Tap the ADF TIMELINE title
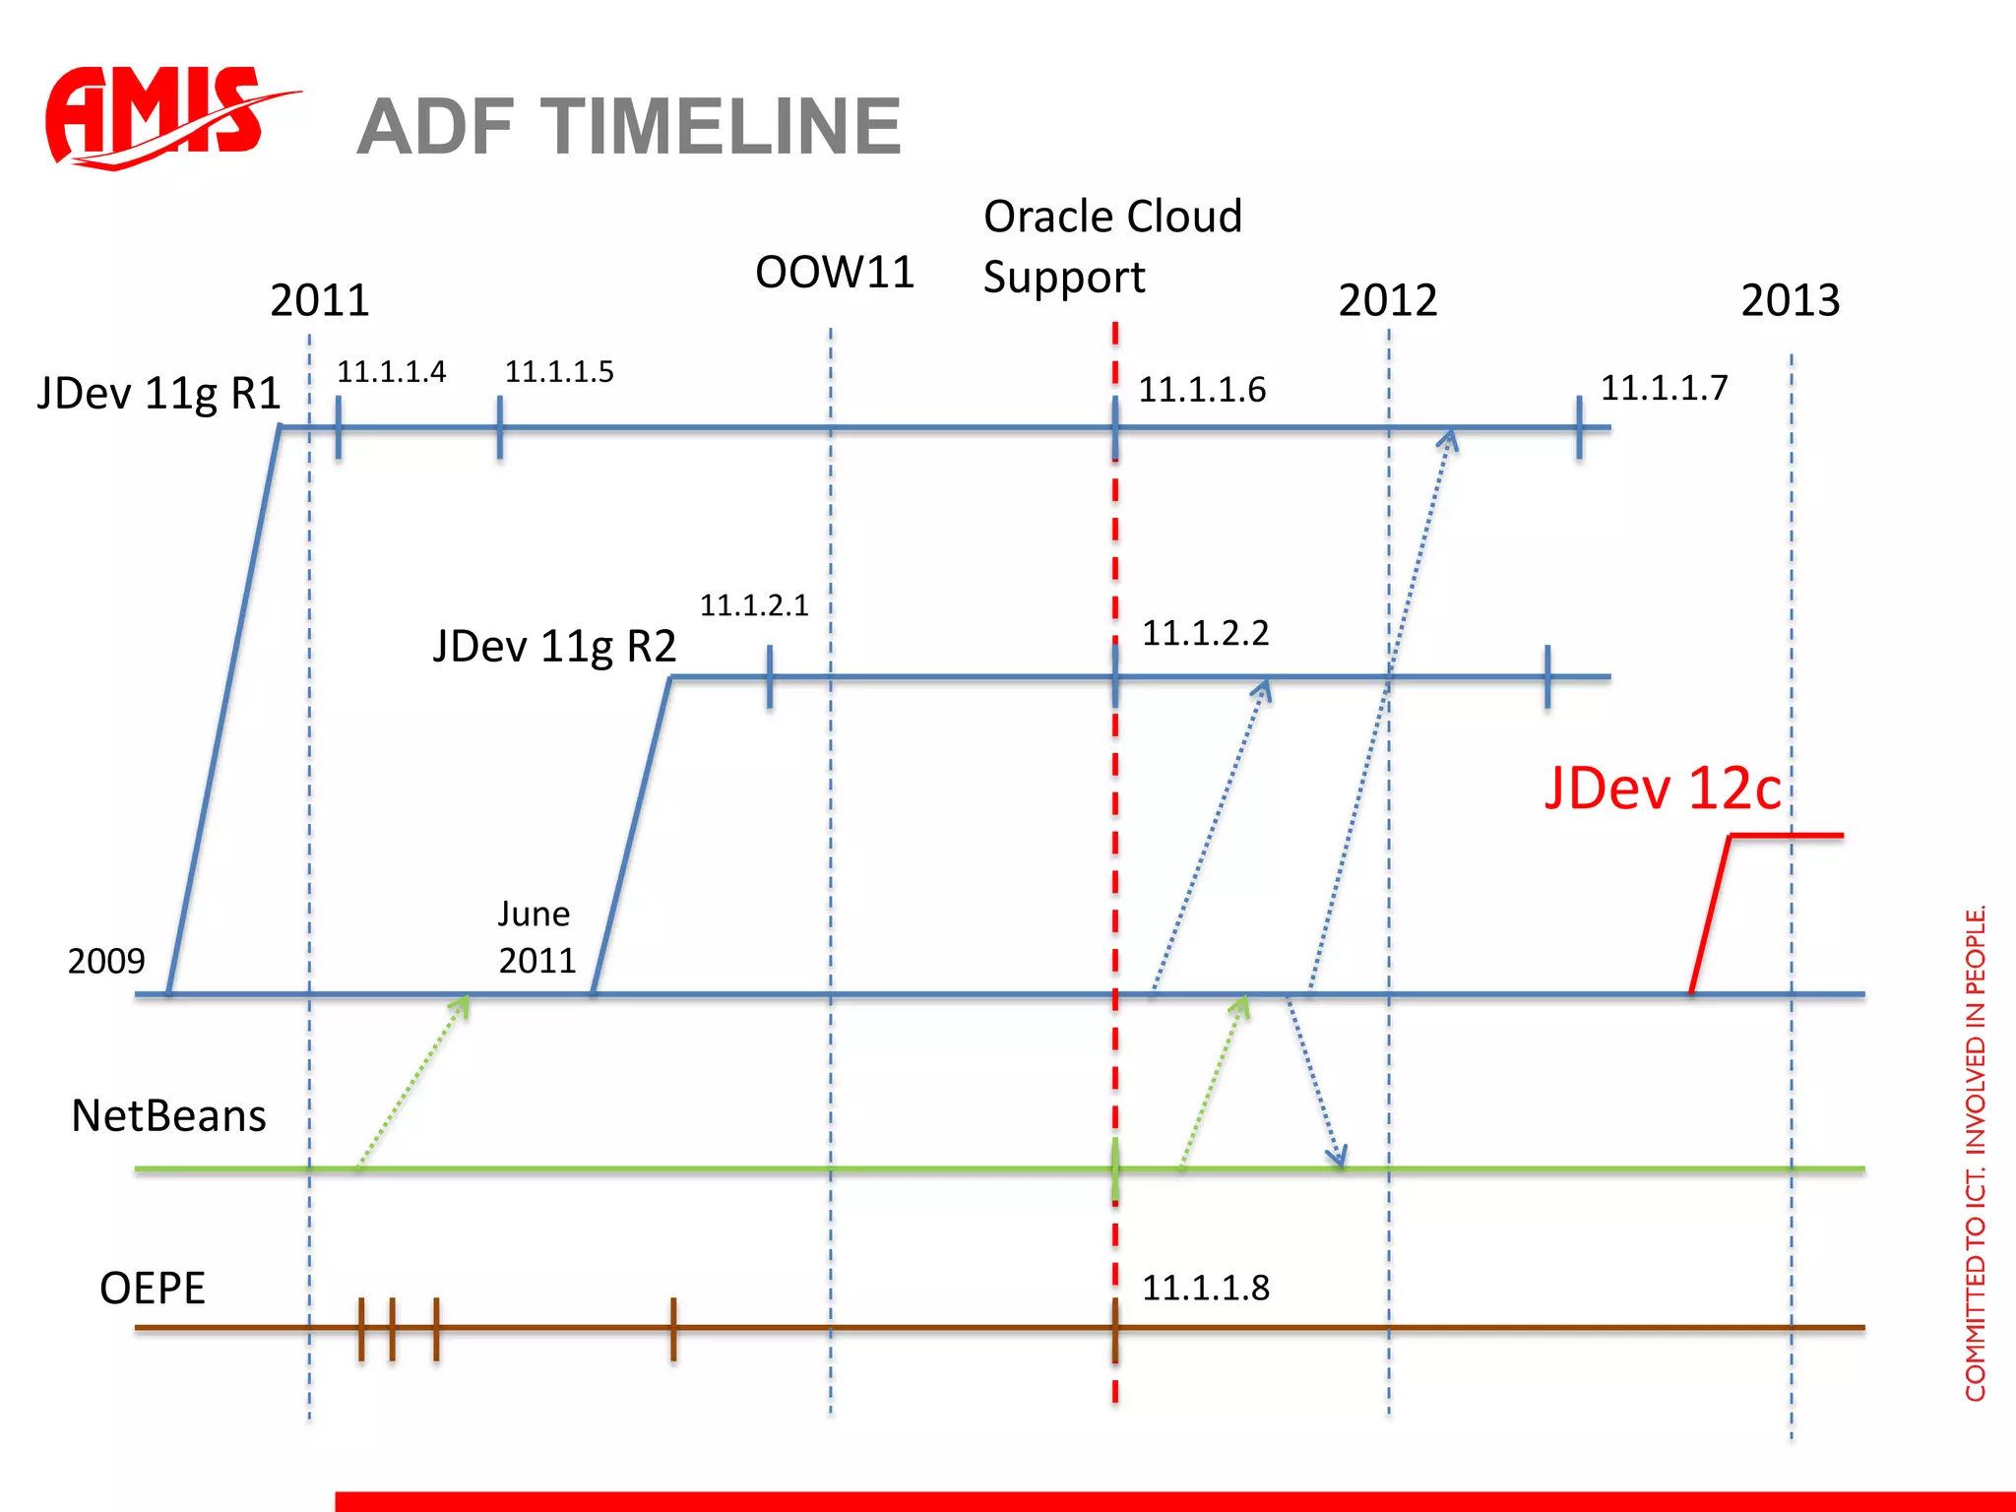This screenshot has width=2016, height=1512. point(629,127)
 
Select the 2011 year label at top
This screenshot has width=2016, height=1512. point(320,300)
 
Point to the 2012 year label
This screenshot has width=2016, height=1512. point(1388,300)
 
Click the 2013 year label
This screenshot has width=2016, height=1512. point(1791,300)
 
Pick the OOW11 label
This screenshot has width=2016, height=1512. point(835,273)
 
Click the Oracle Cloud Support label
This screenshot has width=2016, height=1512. point(1112,246)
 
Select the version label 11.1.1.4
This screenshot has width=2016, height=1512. point(392,372)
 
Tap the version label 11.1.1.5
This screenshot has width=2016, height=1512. point(559,372)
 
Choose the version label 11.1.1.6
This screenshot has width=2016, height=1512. point(1202,390)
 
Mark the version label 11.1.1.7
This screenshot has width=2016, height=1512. point(1664,388)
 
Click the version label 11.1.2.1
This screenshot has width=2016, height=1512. point(754,605)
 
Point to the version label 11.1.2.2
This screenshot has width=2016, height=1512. point(1205,633)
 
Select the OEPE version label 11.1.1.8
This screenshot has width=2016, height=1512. point(1206,1288)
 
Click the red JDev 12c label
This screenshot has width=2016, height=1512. point(1663,788)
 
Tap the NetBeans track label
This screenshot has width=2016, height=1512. point(169,1116)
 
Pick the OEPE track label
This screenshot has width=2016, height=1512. point(153,1289)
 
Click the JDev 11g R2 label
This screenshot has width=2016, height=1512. point(555,647)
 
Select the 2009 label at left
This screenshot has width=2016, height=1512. point(106,961)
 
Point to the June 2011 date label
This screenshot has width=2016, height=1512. point(535,937)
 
